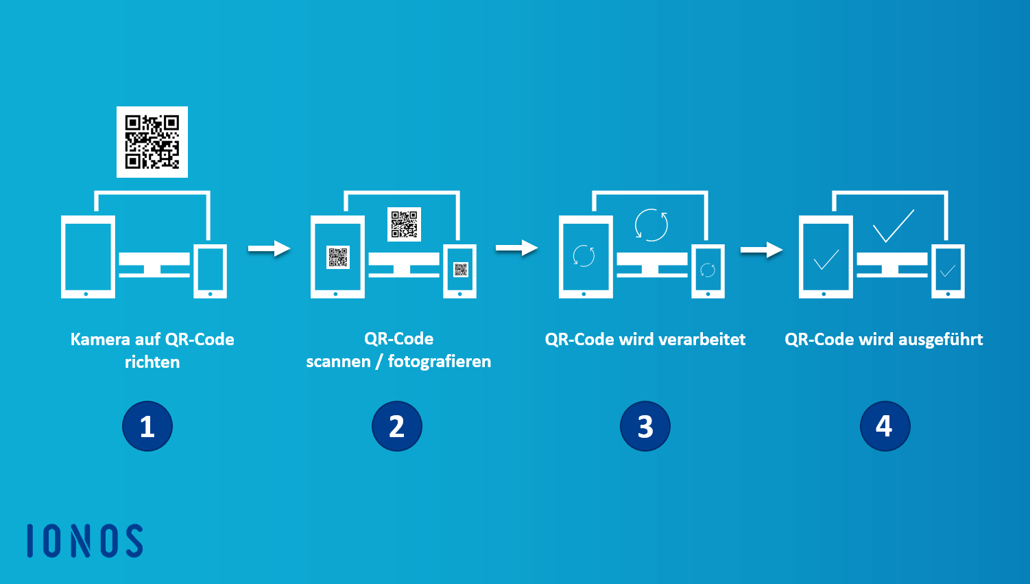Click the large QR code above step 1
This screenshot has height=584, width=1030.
pos(152,142)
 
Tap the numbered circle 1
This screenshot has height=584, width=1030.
pos(147,426)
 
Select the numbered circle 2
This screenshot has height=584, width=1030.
pos(397,426)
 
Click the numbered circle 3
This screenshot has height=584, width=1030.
pos(645,426)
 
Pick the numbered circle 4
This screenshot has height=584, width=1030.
pos(885,426)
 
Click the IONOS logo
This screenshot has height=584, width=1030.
pos(85,541)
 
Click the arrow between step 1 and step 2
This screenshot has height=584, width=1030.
pos(269,248)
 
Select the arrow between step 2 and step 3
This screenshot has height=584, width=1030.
pos(516,248)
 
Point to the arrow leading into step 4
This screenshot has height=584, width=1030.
pos(761,250)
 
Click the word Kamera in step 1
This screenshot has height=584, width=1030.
pos(100,340)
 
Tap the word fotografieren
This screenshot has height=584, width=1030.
pos(440,362)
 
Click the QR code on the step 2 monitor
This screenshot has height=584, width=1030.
pos(404,224)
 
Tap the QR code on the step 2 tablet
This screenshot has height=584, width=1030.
pos(337,257)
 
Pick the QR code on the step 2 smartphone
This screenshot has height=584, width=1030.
pos(460,269)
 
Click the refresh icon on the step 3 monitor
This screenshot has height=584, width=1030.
pos(651,224)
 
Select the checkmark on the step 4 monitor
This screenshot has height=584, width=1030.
pos(893,226)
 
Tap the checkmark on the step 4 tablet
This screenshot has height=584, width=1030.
pos(826,259)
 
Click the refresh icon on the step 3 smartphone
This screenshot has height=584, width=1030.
pos(708,270)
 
